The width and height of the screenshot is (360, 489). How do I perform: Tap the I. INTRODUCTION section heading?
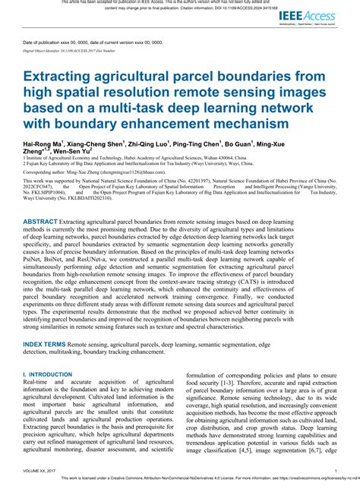click(x=49, y=375)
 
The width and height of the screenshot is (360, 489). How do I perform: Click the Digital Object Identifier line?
click(x=69, y=50)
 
